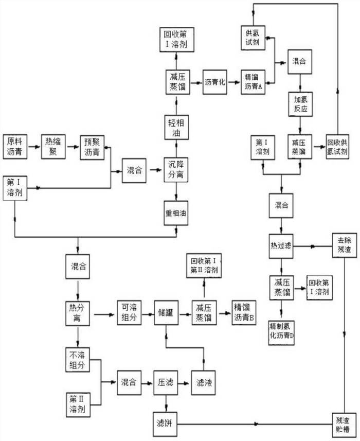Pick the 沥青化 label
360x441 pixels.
[215, 82]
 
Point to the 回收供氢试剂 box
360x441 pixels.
[338, 147]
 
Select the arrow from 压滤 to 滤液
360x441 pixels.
[184, 382]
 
